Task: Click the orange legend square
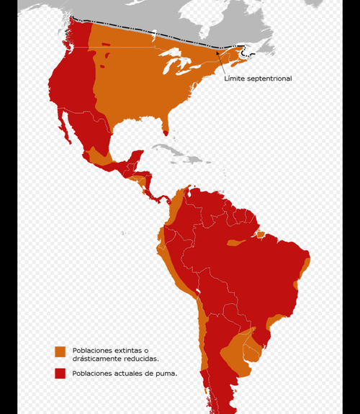pos(60,351)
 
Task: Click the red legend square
pos(60,373)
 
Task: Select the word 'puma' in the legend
pos(165,373)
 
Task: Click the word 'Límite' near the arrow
pos(235,78)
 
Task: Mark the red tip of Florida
pos(166,132)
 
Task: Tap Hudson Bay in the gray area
pos(180,14)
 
